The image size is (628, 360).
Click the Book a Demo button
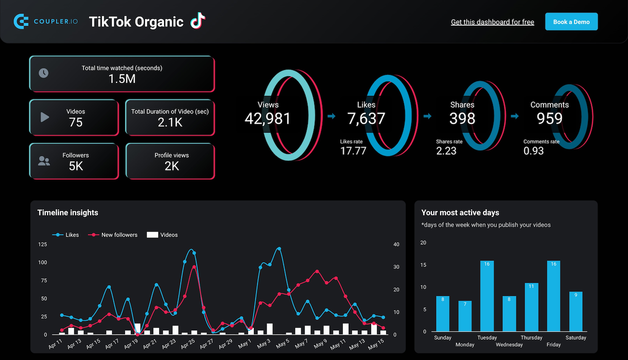(x=571, y=22)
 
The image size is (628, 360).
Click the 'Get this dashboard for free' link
(x=492, y=22)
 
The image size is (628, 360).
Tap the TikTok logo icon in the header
(x=197, y=21)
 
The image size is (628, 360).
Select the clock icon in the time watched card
(x=43, y=73)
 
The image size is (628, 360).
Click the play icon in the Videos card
(x=44, y=117)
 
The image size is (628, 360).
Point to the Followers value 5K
(x=75, y=166)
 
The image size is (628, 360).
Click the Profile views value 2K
(x=171, y=166)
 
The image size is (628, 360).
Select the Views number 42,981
(x=267, y=118)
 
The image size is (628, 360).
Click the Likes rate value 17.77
(x=353, y=151)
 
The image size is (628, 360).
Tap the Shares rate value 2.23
(x=446, y=151)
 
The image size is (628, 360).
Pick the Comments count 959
(x=549, y=118)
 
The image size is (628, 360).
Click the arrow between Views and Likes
(x=331, y=116)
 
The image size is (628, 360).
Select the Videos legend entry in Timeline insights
(x=162, y=235)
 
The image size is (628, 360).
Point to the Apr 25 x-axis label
(x=188, y=343)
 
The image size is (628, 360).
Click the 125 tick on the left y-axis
(x=42, y=245)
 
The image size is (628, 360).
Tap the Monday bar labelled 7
(x=465, y=316)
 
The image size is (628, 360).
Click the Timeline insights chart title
(x=68, y=212)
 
